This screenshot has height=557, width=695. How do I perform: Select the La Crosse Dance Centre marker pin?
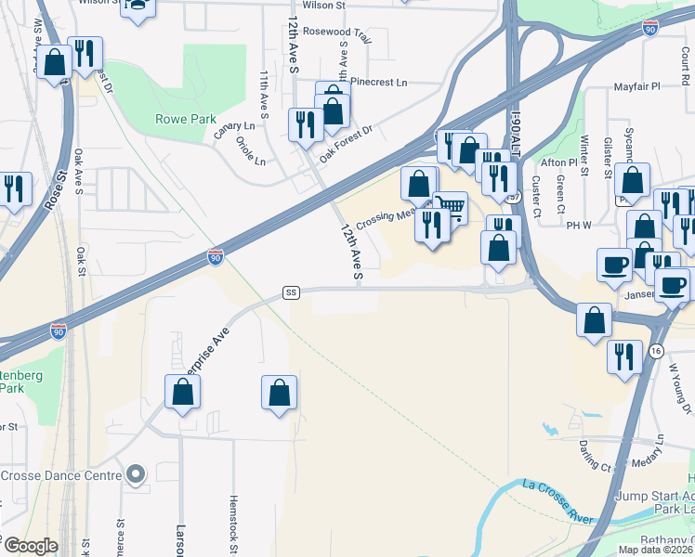coord(137,475)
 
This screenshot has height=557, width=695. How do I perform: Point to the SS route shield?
coord(292,293)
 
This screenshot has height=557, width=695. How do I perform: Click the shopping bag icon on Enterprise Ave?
coord(183,392)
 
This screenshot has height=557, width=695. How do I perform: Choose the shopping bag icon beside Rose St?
coord(55,63)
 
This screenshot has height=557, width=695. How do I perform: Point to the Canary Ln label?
coord(234,126)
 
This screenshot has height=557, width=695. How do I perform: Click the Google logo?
coord(30,546)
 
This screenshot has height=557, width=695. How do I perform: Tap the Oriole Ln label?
coord(251,152)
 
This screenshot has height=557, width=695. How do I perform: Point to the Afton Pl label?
coord(561,162)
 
